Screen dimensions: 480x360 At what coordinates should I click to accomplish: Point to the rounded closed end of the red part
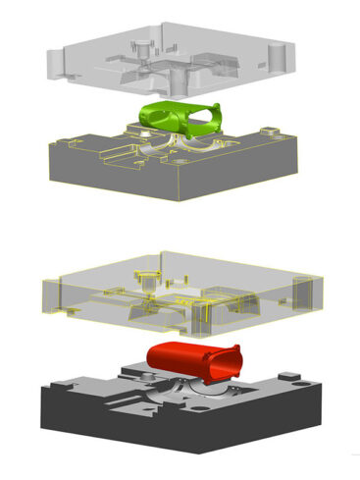[x=152, y=353]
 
